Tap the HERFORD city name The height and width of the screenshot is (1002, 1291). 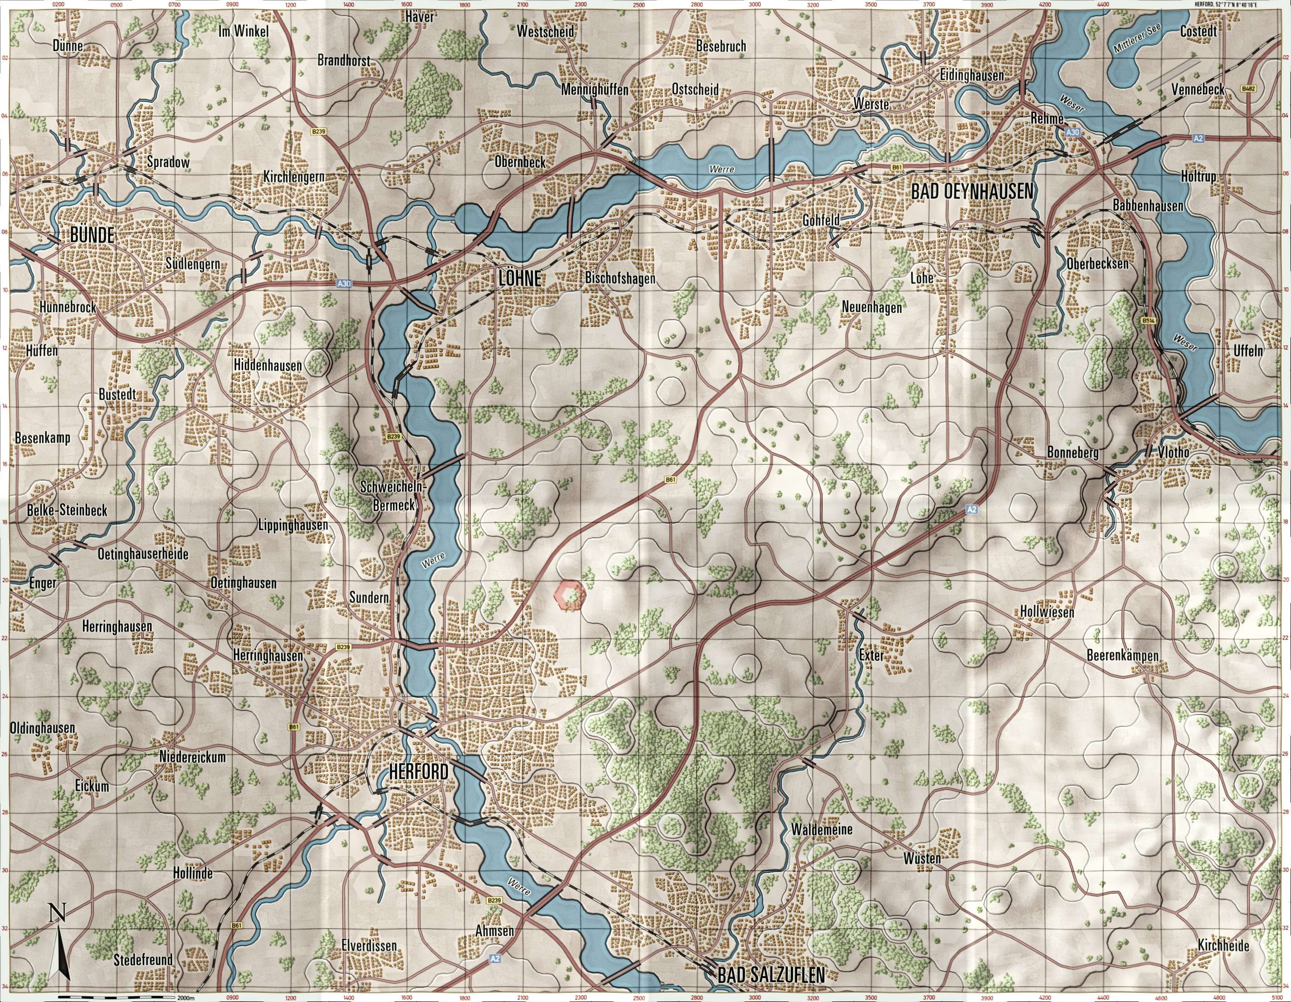pos(419,772)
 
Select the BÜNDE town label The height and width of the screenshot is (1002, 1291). pos(92,235)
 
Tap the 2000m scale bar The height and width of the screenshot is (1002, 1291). pos(118,997)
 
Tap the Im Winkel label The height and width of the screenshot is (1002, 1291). pos(244,31)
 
